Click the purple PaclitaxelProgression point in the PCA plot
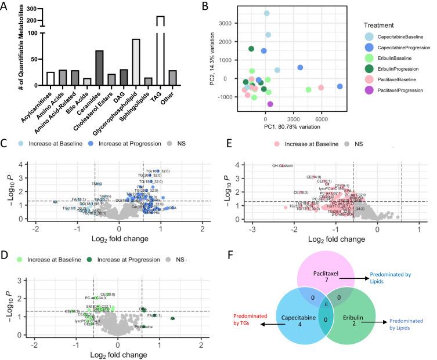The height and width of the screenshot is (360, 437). tap(270, 104)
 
